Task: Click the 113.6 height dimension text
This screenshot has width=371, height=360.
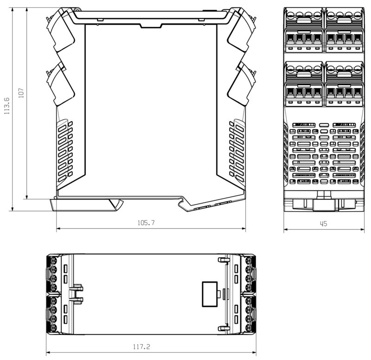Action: pos(6,106)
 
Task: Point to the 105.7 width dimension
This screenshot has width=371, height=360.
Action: pos(146,223)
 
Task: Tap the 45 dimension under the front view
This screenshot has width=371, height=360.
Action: pos(323,224)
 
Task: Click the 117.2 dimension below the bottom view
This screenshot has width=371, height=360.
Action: pos(141,347)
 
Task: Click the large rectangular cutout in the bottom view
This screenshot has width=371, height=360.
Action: pos(209,294)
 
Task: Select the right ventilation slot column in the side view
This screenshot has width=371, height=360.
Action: pos(237,149)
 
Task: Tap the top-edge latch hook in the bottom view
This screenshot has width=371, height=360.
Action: pos(223,260)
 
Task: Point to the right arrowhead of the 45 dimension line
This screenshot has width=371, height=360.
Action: pos(361,229)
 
